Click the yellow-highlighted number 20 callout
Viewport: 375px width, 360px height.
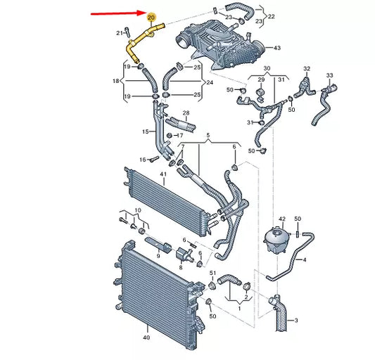point(151,15)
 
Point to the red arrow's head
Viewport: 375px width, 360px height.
point(142,13)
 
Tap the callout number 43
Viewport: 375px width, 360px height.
point(277,48)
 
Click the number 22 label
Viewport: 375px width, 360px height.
point(272,15)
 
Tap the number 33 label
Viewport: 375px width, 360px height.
point(330,75)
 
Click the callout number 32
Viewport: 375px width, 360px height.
point(307,68)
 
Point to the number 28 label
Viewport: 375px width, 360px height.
point(186,113)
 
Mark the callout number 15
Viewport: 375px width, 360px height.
point(146,131)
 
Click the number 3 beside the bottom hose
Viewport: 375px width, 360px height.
point(296,301)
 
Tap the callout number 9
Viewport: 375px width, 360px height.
point(158,255)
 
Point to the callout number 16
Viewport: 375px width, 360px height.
point(142,160)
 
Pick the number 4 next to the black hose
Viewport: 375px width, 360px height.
point(304,259)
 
